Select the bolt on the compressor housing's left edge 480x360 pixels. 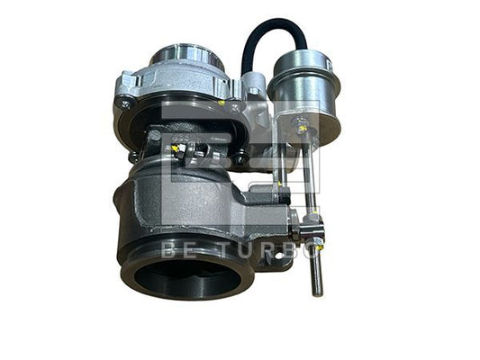pos(125,104)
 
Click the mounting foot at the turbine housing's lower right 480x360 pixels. pos(275,256)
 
